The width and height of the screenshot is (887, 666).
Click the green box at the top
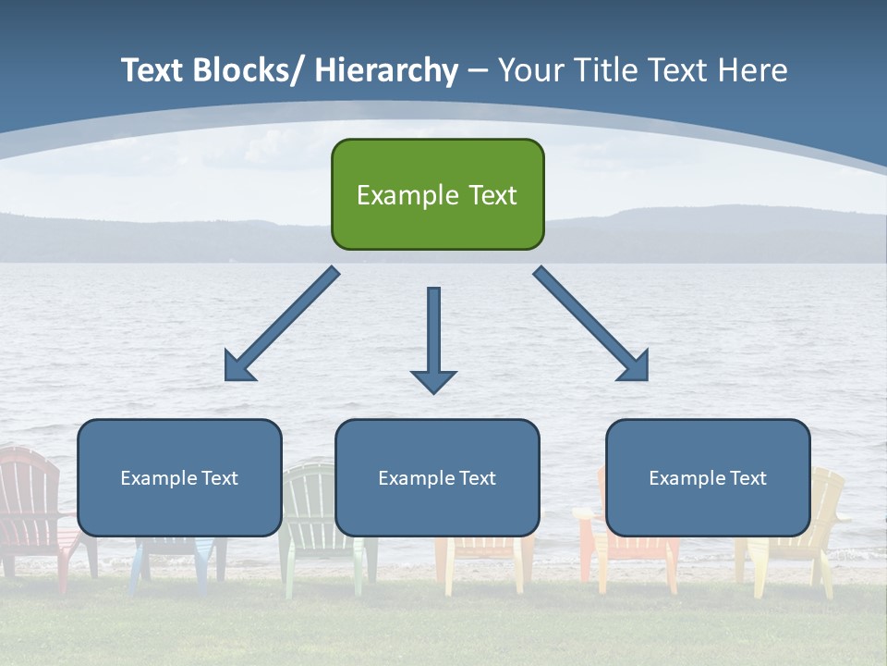point(437,194)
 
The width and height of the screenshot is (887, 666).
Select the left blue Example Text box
point(179,477)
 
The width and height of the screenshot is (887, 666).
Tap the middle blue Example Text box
point(437,477)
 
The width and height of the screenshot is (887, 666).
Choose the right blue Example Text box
point(708,477)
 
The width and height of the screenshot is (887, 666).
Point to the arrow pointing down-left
point(282,324)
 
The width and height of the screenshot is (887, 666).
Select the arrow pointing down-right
point(591,324)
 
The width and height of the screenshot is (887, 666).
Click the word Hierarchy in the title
point(386,70)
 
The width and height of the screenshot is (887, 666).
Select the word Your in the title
point(529,70)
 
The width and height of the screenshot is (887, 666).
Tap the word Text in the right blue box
point(747,478)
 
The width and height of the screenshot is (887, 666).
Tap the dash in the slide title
point(478,70)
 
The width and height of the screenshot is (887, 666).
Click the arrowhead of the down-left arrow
point(239,366)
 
